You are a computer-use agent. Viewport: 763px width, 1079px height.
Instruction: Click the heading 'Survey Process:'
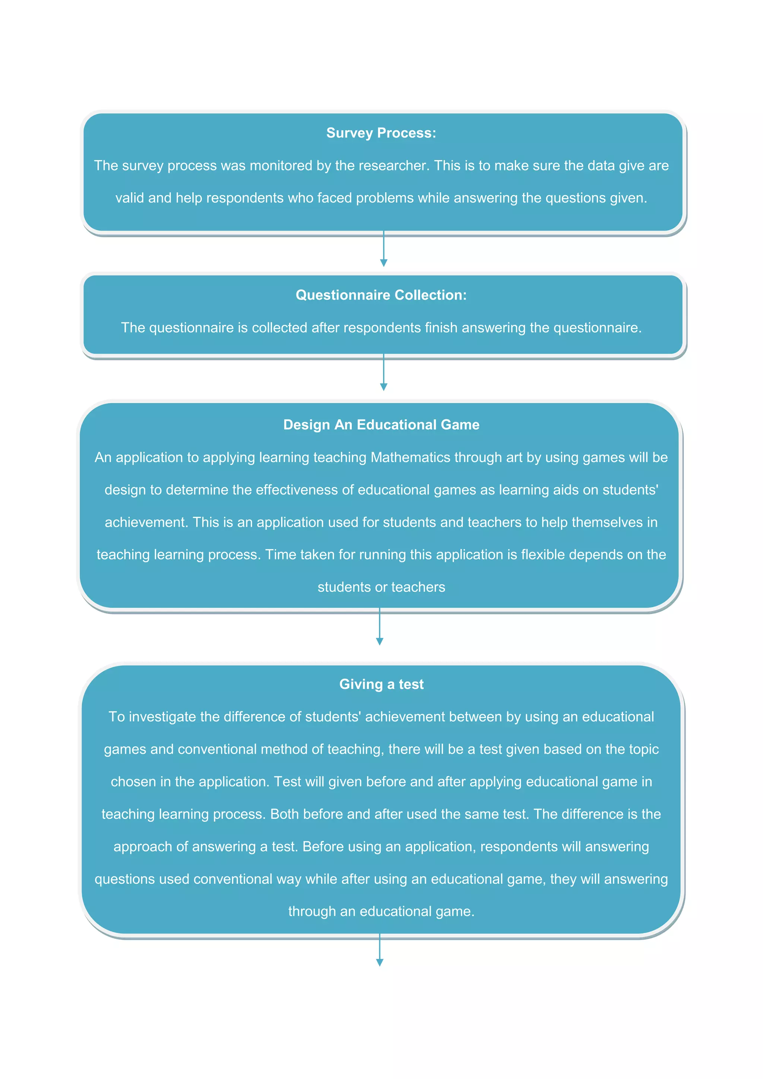381,133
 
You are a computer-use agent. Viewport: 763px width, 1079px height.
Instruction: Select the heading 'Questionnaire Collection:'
381,295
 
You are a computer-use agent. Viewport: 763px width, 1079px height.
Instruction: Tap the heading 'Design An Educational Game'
381,424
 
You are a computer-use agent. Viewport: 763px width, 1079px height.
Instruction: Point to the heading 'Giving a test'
381,684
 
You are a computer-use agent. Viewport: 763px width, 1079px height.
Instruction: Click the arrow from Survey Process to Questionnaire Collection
383,249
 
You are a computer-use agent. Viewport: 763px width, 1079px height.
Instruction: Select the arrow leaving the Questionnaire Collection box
383,373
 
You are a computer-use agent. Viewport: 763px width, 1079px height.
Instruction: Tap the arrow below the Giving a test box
380,950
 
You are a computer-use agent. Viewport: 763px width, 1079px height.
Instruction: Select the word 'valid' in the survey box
130,198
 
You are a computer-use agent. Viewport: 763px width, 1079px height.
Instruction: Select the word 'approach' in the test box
143,847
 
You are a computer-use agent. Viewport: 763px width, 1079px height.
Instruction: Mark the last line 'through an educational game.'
381,911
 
